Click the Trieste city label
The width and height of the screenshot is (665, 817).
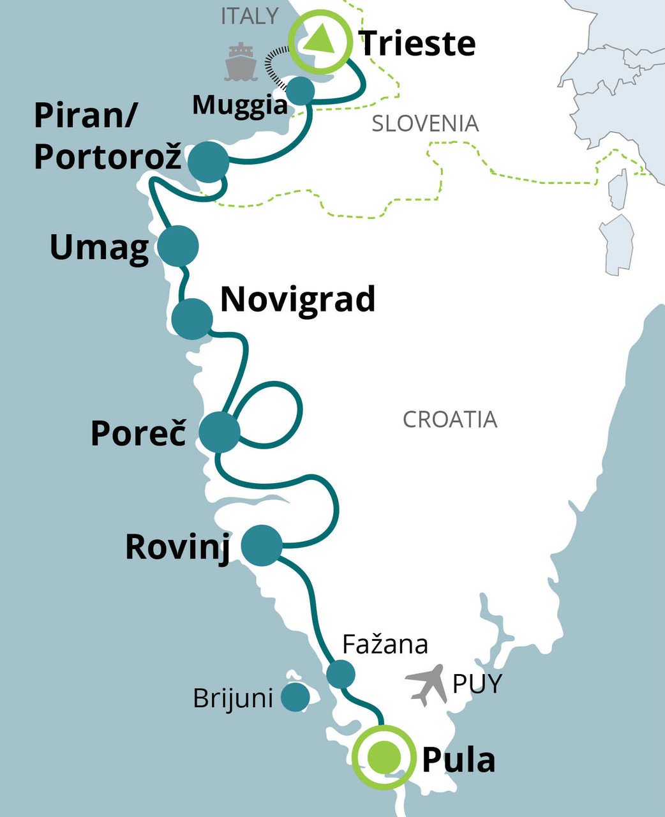tap(417, 43)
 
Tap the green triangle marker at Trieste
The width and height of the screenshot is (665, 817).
tap(320, 41)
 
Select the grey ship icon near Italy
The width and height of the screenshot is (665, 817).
tap(240, 62)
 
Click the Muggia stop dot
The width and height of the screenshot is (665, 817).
tap(301, 91)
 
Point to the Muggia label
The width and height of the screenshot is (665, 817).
tap(240, 105)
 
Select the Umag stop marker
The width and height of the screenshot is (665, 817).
tap(178, 246)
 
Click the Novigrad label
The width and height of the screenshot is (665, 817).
tap(297, 299)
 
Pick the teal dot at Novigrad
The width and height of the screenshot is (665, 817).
tap(192, 318)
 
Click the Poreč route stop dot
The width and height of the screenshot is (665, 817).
tap(220, 432)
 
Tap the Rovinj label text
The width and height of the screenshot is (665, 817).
tap(177, 547)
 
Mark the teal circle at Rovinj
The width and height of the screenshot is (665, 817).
tap(262, 545)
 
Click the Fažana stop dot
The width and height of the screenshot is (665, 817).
tap(341, 673)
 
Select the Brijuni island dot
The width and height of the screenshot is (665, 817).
tap(295, 697)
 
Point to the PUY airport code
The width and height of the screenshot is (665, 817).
tap(477, 684)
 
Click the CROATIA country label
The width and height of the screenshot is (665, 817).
tap(450, 419)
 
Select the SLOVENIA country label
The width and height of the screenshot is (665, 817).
tap(425, 123)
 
